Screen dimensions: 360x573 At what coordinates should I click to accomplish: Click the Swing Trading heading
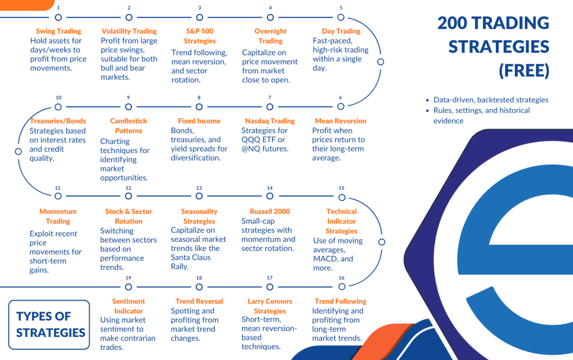click(x=58, y=31)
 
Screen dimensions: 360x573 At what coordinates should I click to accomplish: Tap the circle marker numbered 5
click(x=341, y=17)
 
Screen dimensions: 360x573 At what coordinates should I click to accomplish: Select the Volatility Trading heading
click(x=129, y=31)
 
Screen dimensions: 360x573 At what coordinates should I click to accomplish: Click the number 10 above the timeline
click(x=58, y=98)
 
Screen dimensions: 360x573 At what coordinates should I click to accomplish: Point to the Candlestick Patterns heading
click(x=129, y=125)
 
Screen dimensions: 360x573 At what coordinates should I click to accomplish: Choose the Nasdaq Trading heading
click(x=270, y=121)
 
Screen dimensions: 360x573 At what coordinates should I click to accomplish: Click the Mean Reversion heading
click(x=340, y=121)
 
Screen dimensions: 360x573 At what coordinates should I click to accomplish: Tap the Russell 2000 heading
click(x=270, y=212)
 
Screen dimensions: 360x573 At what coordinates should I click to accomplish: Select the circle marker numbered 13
click(x=199, y=197)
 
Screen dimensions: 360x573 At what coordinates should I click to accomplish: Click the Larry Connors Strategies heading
click(x=270, y=306)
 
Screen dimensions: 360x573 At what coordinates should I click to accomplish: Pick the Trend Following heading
click(x=340, y=301)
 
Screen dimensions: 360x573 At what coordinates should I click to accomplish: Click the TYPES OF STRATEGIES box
click(x=50, y=324)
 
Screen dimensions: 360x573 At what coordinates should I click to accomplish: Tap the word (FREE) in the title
click(x=524, y=71)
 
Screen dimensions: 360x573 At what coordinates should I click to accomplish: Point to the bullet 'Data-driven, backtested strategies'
click(x=491, y=100)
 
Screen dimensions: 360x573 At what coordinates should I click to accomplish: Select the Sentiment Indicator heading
click(x=129, y=306)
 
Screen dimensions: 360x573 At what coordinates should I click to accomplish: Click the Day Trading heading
click(x=341, y=31)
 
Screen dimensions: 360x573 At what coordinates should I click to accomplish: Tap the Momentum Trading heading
click(x=58, y=216)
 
